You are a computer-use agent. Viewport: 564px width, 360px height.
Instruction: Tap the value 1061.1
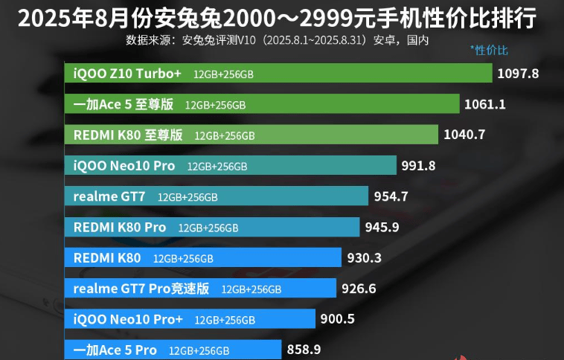pyautogui.click(x=484, y=104)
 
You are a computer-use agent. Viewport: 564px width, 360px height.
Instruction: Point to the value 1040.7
pyautogui.click(x=464, y=135)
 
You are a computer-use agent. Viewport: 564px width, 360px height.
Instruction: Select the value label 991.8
pyautogui.click(x=418, y=166)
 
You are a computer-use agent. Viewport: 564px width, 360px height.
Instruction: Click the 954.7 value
pyautogui.click(x=391, y=196)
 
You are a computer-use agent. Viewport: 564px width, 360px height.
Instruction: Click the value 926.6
pyautogui.click(x=359, y=289)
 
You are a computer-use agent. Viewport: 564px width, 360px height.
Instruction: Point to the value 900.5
pyautogui.click(x=337, y=319)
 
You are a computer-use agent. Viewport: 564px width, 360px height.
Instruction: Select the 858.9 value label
pyautogui.click(x=304, y=350)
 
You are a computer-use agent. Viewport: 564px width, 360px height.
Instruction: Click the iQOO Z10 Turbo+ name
pyautogui.click(x=127, y=74)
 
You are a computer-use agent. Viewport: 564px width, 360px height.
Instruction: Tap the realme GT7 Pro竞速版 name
pyautogui.click(x=141, y=289)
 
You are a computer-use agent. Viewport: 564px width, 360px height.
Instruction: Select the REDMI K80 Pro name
pyautogui.click(x=120, y=227)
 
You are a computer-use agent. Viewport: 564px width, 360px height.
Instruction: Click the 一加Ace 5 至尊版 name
pyautogui.click(x=124, y=104)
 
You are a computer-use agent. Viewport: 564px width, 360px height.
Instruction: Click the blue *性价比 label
pyautogui.click(x=489, y=51)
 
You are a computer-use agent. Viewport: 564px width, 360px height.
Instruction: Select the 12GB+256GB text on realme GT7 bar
pyautogui.click(x=188, y=197)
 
